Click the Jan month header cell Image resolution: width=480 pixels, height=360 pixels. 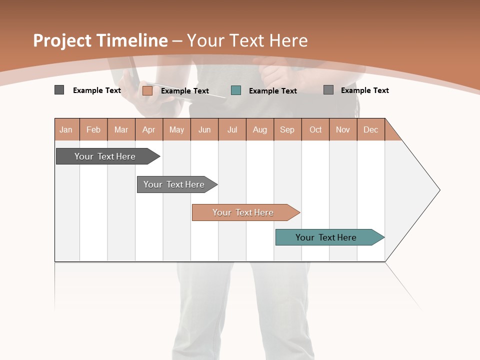tap(66, 129)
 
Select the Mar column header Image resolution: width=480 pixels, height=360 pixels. tap(121, 129)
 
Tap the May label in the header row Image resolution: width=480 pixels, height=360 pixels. tap(176, 129)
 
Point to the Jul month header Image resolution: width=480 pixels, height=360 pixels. tap(232, 129)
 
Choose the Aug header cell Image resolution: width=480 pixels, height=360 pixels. tap(259, 129)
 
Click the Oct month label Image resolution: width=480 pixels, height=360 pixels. tap(315, 129)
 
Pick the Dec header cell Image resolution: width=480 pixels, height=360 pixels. tap(370, 129)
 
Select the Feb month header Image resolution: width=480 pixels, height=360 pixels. tap(93, 129)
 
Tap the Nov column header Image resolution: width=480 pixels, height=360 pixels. tap(343, 129)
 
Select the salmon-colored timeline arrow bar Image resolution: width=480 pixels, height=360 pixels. tap(243, 212)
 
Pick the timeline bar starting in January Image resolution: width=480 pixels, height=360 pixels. tap(105, 156)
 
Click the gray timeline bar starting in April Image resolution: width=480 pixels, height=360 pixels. tap(174, 184)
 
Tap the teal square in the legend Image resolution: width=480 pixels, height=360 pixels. tap(236, 90)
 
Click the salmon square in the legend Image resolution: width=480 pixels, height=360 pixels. tap(147, 90)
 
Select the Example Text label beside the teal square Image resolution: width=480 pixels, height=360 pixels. tap(273, 91)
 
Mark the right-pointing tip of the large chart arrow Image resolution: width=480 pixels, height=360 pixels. tap(439, 190)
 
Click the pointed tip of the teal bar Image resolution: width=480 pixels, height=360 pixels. tap(383, 237)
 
